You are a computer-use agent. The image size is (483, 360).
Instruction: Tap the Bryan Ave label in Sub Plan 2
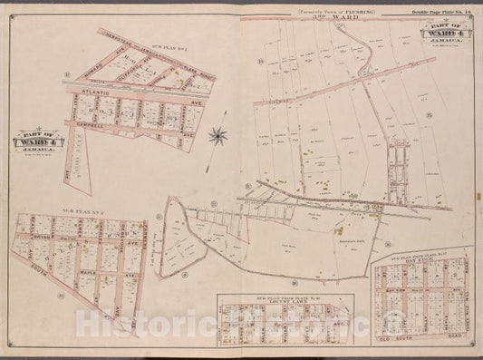61,232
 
